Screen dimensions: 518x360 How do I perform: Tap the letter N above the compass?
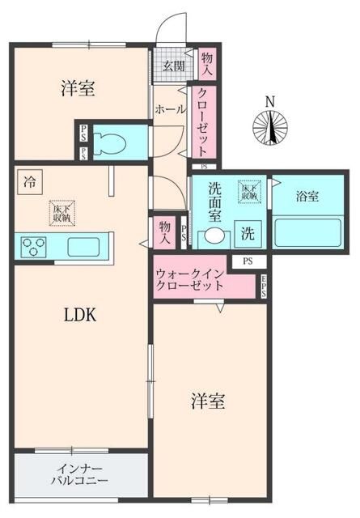[271, 101]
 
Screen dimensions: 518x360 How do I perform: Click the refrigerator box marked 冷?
[29, 180]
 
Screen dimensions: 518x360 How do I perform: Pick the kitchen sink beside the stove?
[83, 246]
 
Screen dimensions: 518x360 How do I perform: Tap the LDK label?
[80, 316]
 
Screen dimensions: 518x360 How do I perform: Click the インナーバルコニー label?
[79, 474]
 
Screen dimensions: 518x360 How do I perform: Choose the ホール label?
[170, 109]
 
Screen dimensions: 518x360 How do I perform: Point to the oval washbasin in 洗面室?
[214, 237]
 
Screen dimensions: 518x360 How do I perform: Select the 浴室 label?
[307, 195]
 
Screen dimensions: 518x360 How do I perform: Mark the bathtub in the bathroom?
[306, 234]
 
